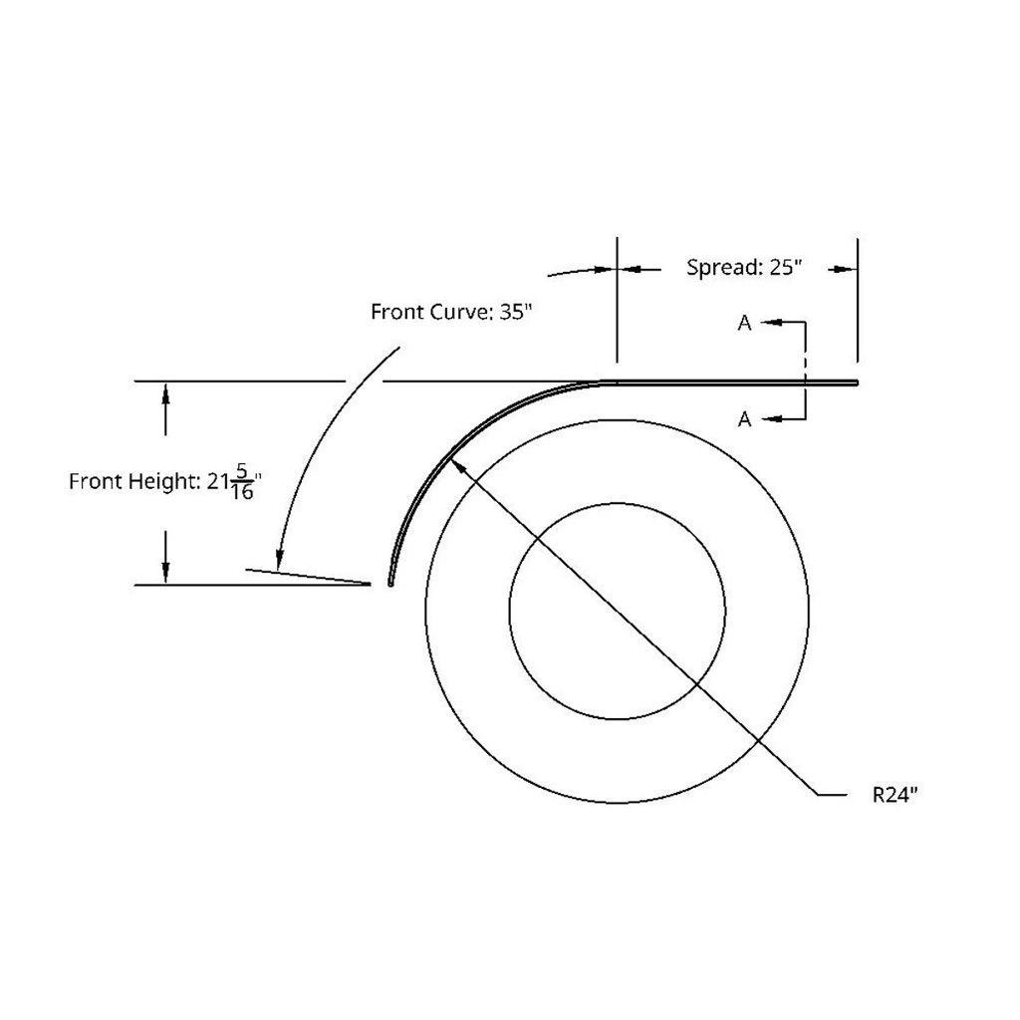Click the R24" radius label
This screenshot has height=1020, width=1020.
pyautogui.click(x=893, y=794)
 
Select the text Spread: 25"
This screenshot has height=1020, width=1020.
pyautogui.click(x=744, y=268)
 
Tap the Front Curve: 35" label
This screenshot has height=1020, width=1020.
pyautogui.click(x=452, y=311)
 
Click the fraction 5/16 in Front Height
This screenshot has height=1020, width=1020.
pyautogui.click(x=242, y=482)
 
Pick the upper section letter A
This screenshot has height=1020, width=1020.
pyautogui.click(x=744, y=323)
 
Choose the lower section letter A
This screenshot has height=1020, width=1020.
pyautogui.click(x=744, y=420)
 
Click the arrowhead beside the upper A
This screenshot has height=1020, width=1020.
pyautogui.click(x=772, y=323)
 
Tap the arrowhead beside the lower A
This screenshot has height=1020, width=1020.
pyautogui.click(x=772, y=420)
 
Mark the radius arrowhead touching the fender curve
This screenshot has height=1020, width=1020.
pyautogui.click(x=458, y=460)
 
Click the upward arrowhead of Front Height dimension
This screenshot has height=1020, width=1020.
pyautogui.click(x=165, y=392)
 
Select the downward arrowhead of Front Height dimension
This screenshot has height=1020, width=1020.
pyautogui.click(x=165, y=572)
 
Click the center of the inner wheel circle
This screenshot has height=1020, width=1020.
pyautogui.click(x=617, y=611)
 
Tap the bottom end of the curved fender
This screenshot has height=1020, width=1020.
pyautogui.click(x=389, y=584)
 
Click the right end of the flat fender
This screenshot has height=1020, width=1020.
pyautogui.click(x=856, y=382)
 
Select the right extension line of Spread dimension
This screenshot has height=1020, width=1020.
pyautogui.click(x=857, y=299)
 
